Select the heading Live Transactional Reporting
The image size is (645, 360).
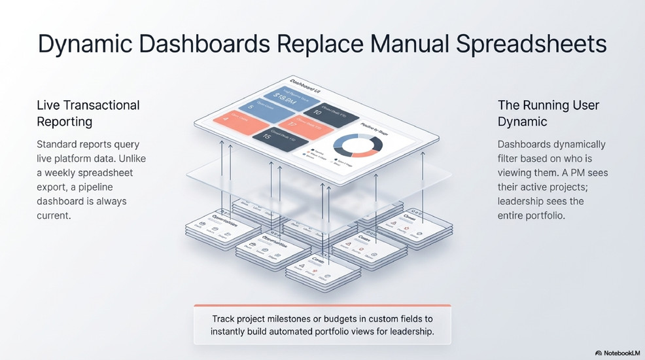click(x=88, y=113)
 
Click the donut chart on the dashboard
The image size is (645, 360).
click(x=357, y=146)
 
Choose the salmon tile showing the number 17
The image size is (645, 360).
click(x=305, y=125)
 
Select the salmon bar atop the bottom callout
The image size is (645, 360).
click(x=322, y=305)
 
